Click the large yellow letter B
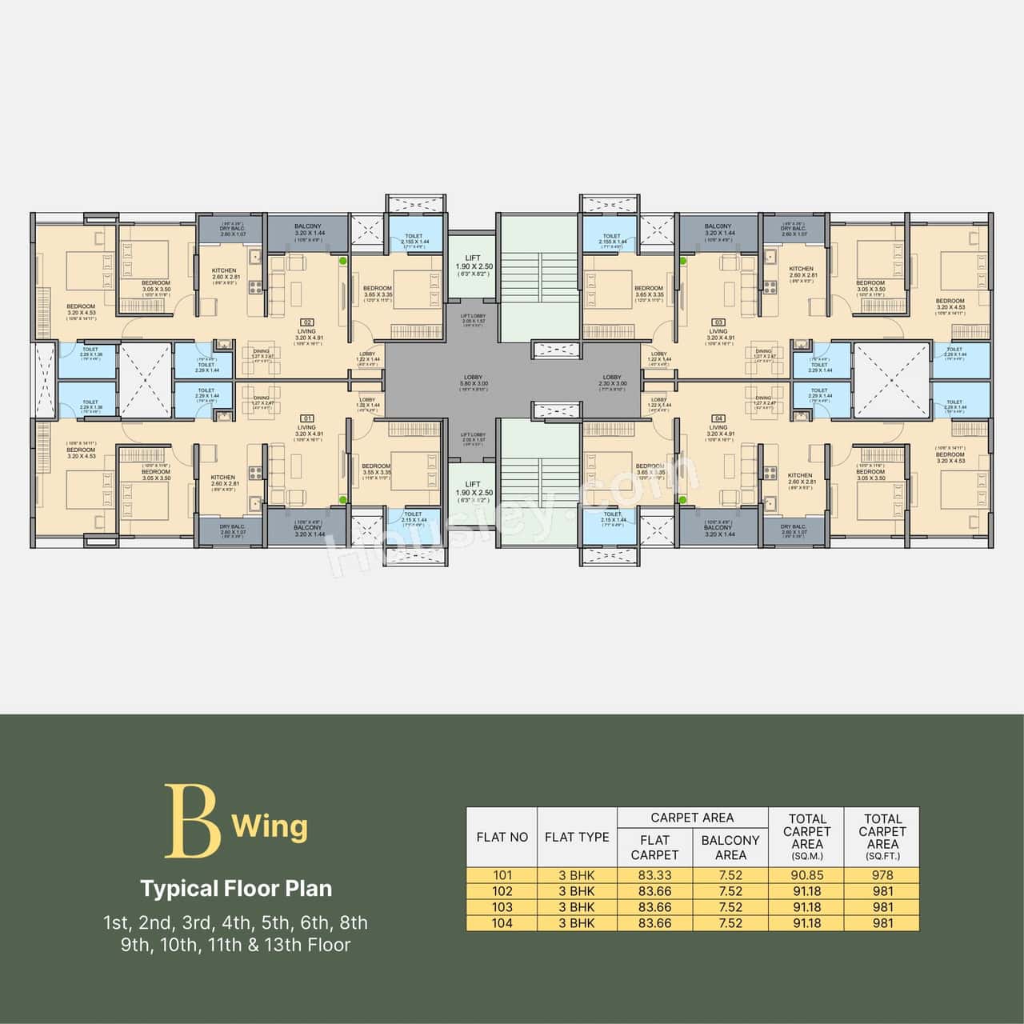192,821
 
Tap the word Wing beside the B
270,826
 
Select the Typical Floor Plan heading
236,888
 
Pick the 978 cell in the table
882,875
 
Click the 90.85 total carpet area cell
806,875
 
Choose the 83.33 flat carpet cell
654,875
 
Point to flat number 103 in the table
502,907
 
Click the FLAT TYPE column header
577,837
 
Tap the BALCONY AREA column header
730,847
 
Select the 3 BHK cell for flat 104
577,923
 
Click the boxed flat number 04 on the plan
718,418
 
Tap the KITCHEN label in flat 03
801,270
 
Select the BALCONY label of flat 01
307,528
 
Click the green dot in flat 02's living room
343,261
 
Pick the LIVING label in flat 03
718,331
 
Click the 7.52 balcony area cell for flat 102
730,891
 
